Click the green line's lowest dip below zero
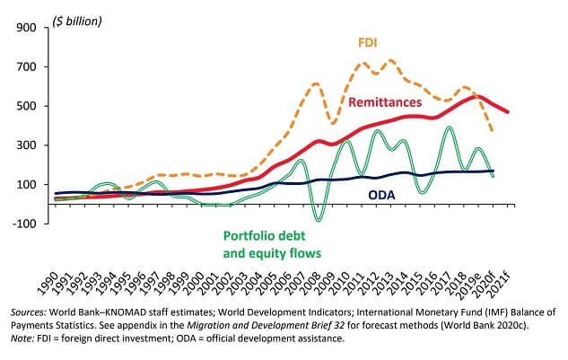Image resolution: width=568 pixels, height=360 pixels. point(318,219)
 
